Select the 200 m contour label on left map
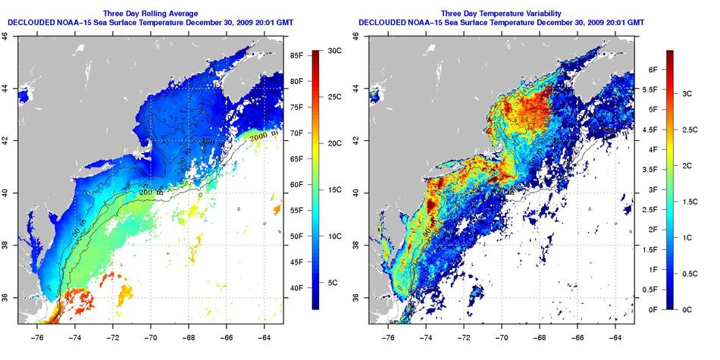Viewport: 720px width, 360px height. pos(149,194)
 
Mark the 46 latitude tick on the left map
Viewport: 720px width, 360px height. pos(7,35)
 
